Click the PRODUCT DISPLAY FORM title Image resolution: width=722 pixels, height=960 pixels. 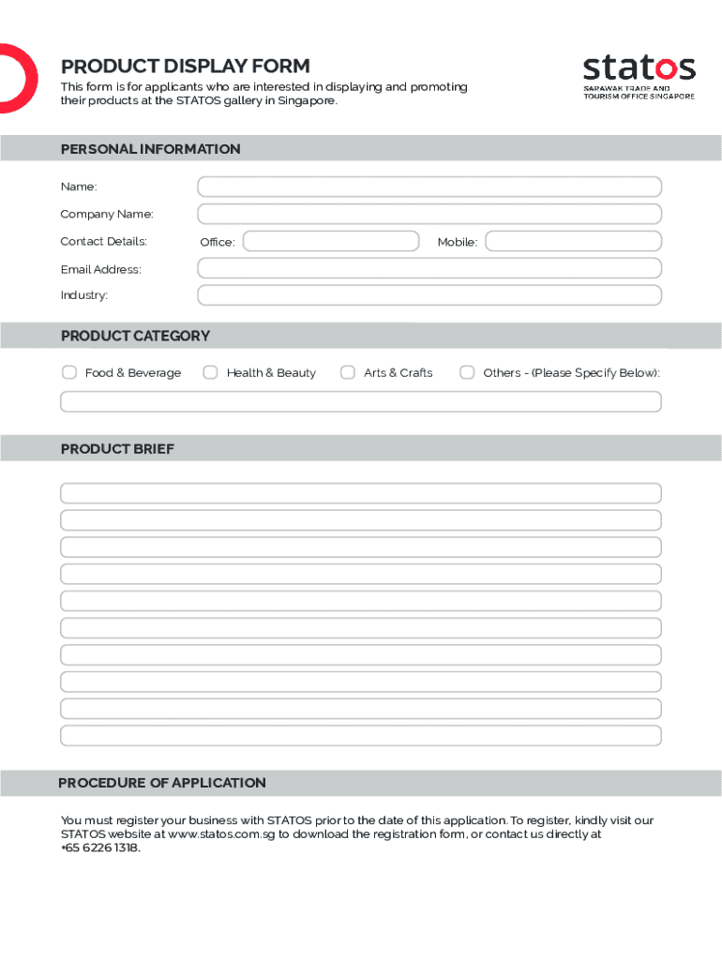pyautogui.click(x=185, y=66)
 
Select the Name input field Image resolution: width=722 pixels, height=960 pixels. pyautogui.click(x=429, y=187)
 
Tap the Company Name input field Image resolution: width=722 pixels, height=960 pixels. pyautogui.click(x=429, y=214)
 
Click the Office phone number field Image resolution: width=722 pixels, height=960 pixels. pyautogui.click(x=330, y=241)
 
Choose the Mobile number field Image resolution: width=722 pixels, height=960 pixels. pyautogui.click(x=573, y=241)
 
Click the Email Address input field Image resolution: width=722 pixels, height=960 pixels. pyautogui.click(x=429, y=268)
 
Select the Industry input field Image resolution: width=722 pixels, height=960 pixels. pyautogui.click(x=429, y=295)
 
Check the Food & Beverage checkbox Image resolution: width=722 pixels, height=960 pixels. pyautogui.click(x=69, y=372)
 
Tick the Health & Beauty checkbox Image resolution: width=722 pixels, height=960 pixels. pyautogui.click(x=210, y=372)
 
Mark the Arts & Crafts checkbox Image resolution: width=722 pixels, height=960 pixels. pyautogui.click(x=348, y=372)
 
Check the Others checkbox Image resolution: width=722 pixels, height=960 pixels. pyautogui.click(x=467, y=372)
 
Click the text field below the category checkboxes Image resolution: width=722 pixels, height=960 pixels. pyautogui.click(x=361, y=401)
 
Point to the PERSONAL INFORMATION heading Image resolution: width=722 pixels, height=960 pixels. pyautogui.click(x=150, y=149)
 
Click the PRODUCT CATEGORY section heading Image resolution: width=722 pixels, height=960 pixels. pyautogui.click(x=135, y=336)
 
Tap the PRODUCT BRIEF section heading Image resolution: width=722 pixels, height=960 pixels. pyautogui.click(x=117, y=449)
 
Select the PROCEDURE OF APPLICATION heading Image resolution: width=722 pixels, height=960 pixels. pyautogui.click(x=162, y=783)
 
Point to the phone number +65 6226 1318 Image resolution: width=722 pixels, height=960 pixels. pyautogui.click(x=99, y=847)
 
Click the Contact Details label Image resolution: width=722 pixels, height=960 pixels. pyautogui.click(x=103, y=241)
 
